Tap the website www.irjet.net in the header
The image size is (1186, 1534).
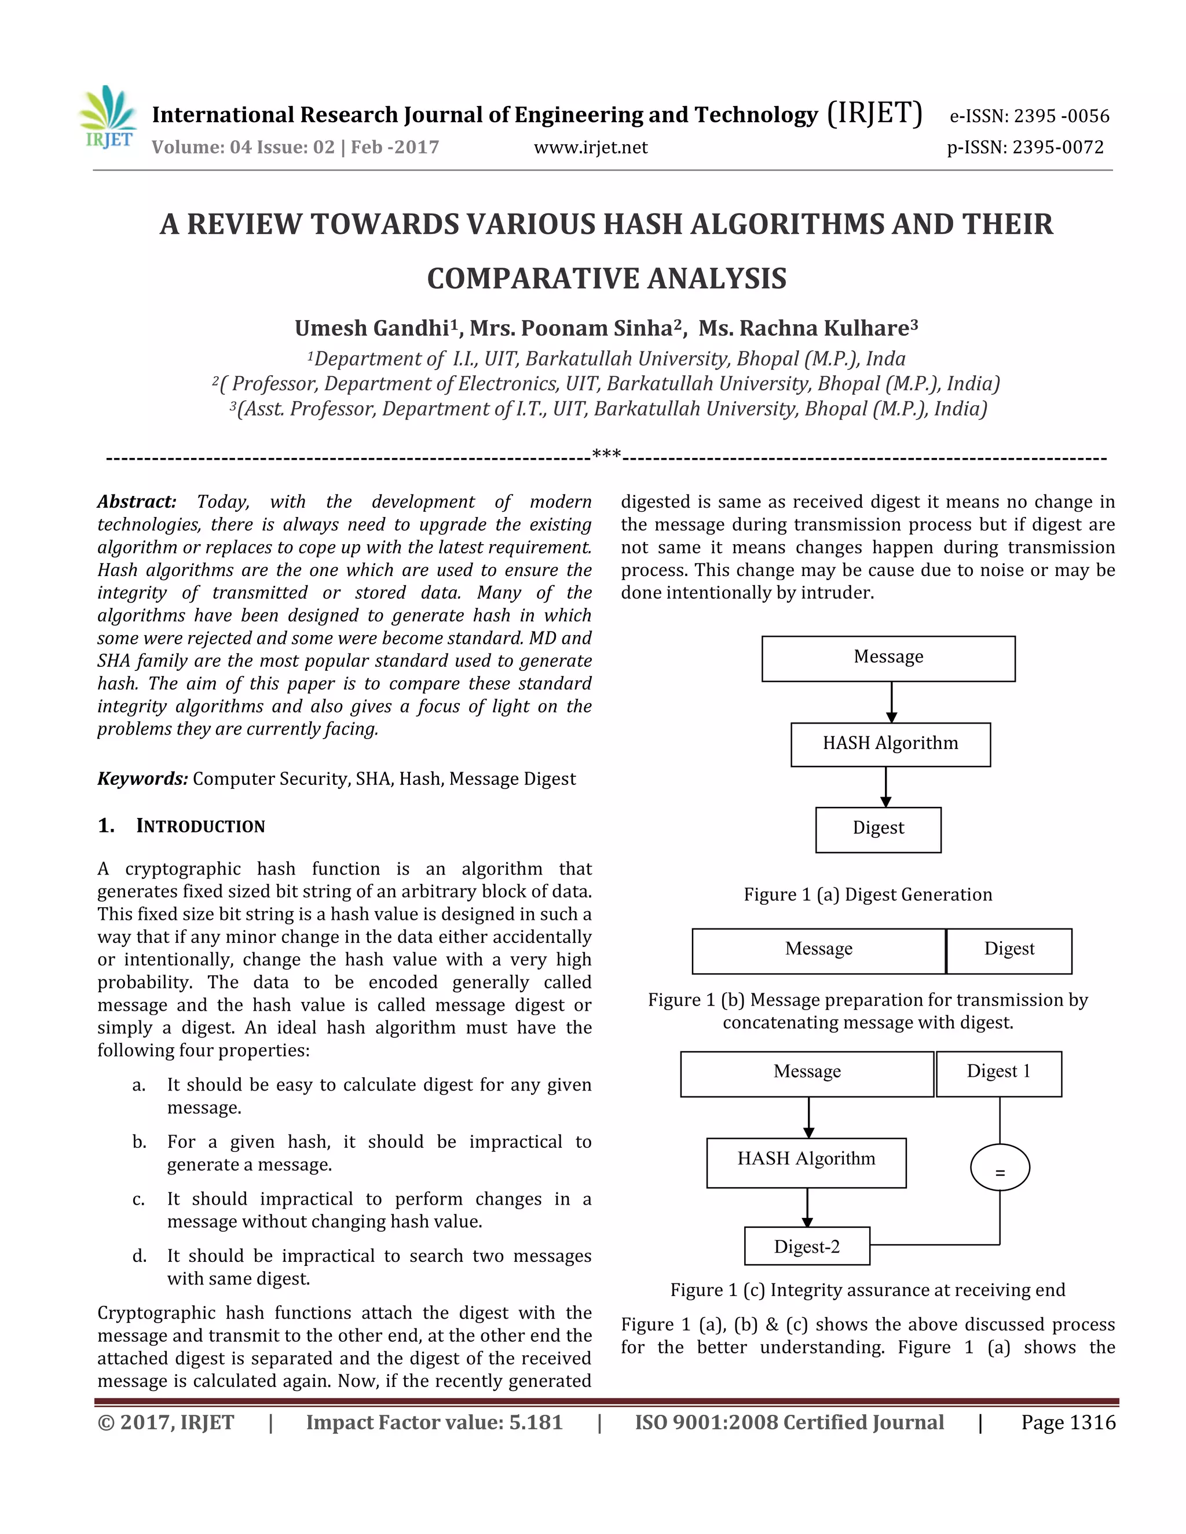click(x=590, y=148)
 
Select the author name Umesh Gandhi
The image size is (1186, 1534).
click(x=372, y=328)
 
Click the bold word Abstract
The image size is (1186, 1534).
click(x=136, y=501)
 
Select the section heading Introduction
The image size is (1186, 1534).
click(x=200, y=826)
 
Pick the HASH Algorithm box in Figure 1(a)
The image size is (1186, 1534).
click(x=890, y=744)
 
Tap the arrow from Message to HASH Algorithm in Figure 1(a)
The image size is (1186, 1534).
click(x=891, y=702)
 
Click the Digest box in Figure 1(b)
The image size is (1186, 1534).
click(x=1009, y=951)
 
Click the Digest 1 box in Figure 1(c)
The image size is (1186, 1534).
click(x=998, y=1073)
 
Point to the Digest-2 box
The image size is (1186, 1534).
click(x=807, y=1246)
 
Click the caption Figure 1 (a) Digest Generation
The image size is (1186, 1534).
click(x=867, y=895)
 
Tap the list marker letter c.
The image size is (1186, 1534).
click(x=138, y=1199)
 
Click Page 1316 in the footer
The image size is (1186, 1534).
click(x=1068, y=1422)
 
